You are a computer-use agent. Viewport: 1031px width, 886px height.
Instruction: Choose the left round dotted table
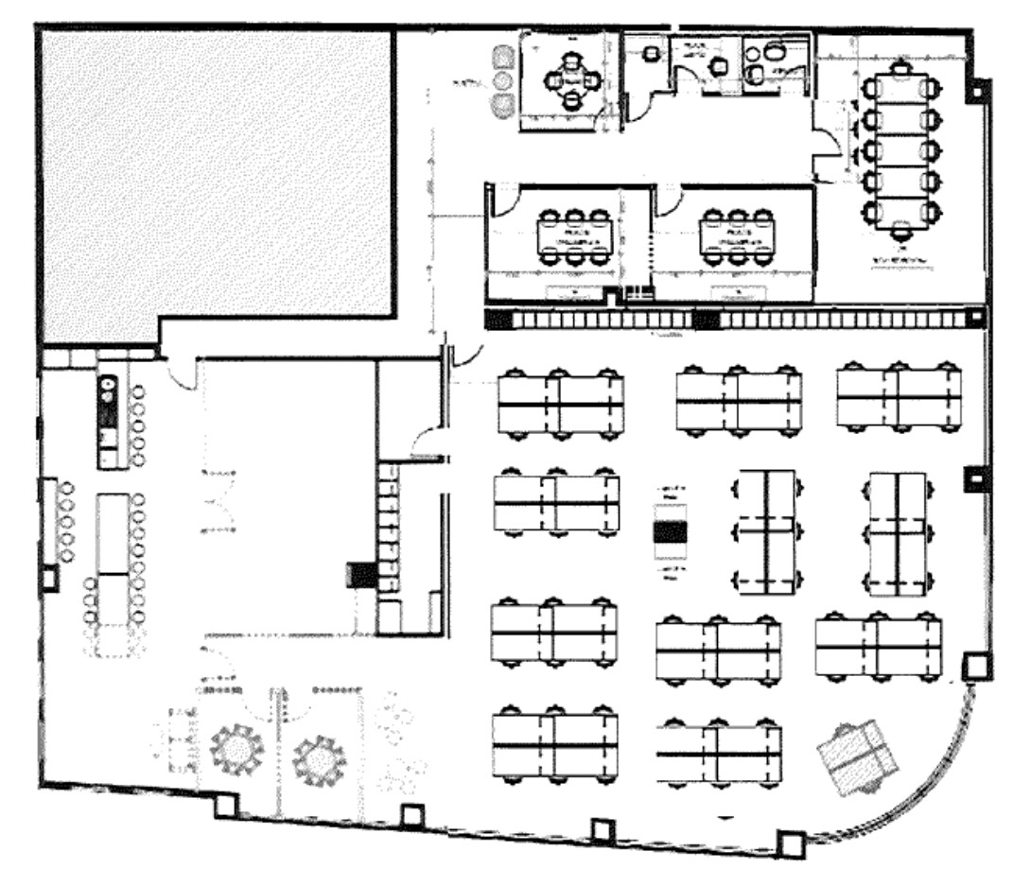click(x=236, y=749)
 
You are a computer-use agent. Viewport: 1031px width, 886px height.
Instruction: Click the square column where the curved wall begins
click(x=974, y=667)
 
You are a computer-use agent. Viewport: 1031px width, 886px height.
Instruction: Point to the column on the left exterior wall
click(x=45, y=577)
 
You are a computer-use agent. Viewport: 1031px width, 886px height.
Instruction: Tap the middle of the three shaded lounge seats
click(x=503, y=80)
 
